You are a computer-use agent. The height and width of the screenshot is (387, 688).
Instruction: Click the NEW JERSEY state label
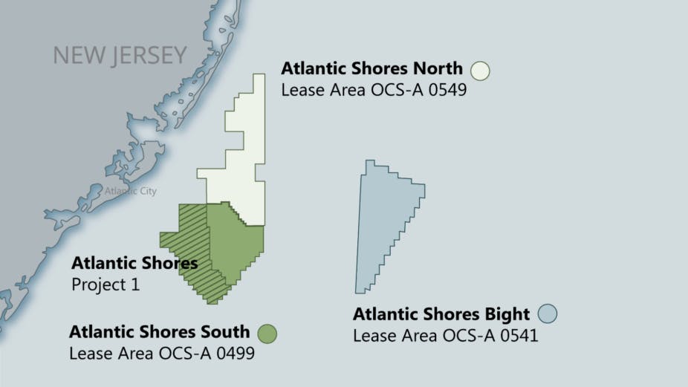120,56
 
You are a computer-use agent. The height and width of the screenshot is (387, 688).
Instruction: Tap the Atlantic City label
131,191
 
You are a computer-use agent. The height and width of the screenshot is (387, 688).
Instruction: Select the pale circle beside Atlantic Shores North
480,70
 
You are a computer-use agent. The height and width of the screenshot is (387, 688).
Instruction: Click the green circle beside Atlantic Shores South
267,334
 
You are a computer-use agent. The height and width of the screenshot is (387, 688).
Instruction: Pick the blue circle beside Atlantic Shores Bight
548,313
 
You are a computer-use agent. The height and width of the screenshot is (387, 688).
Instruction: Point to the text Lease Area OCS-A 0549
373,91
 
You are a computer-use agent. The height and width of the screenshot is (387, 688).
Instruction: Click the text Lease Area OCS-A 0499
162,354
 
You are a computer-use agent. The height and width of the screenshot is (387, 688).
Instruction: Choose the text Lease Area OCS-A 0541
445,336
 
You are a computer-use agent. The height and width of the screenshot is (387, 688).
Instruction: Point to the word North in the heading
438,69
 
